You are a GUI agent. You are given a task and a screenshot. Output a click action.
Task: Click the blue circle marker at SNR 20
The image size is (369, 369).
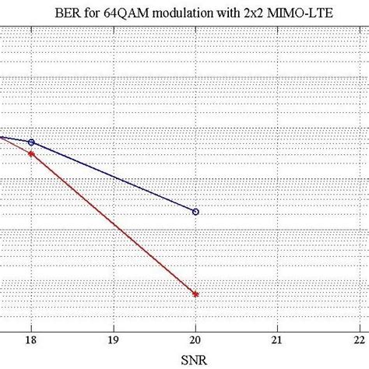195,211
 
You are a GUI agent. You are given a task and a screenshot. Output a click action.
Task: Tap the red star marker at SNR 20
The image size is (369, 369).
195,294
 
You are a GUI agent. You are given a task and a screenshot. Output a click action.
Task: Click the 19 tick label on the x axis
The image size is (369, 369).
113,339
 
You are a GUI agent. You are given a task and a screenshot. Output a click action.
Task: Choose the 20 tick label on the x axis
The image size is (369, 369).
195,339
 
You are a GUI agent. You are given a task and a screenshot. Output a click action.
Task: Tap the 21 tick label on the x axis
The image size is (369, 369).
277,339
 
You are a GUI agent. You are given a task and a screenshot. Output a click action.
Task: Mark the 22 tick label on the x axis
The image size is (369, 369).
359,339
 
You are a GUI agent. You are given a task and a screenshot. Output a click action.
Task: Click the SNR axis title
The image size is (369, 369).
195,360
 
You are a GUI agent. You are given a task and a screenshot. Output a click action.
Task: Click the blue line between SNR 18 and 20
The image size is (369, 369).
113,177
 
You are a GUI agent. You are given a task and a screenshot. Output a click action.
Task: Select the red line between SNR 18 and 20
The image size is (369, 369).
113,223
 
